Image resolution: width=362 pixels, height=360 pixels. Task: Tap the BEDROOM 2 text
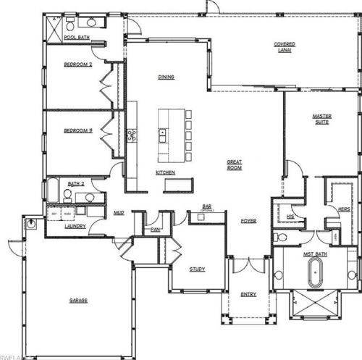tap(78, 64)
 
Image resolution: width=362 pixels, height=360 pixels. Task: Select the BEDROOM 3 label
tap(78, 131)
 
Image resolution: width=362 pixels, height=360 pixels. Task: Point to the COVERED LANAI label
tap(284, 46)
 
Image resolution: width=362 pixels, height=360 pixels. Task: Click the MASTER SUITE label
tap(321, 119)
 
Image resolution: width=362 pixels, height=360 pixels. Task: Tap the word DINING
tap(169, 76)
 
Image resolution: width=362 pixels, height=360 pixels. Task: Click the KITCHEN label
tap(165, 172)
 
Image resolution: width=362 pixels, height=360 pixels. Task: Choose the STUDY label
tap(197, 269)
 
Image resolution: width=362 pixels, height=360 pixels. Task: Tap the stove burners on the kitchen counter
tap(131, 135)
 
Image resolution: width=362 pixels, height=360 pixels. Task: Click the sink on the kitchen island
tap(164, 133)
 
